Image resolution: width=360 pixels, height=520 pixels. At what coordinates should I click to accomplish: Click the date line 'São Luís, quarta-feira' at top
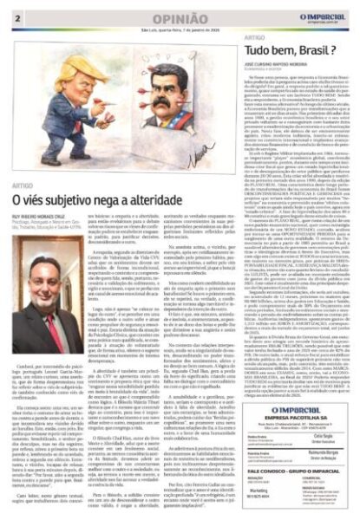tap(169, 28)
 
